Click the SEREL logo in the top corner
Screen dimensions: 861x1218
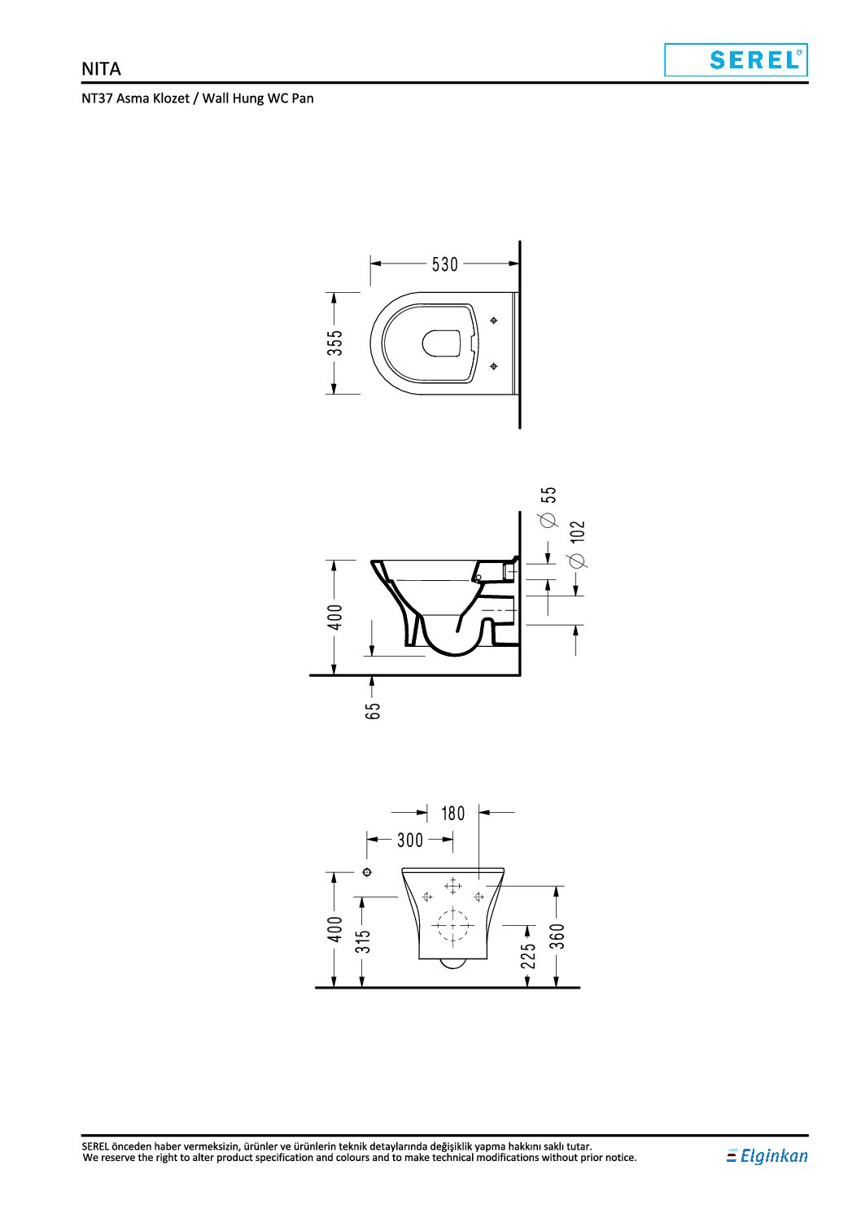tap(736, 60)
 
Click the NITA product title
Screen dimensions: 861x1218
tap(101, 69)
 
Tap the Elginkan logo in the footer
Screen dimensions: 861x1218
tap(767, 1155)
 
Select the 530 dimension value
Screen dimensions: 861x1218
tap(444, 264)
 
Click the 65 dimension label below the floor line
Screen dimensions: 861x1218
tap(373, 711)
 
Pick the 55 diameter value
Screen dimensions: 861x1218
tap(550, 494)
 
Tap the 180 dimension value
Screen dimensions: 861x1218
tap(452, 814)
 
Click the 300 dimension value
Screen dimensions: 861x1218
tap(409, 840)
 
